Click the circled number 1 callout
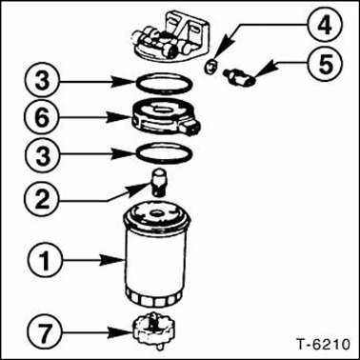[x=45, y=261]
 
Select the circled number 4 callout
[x=324, y=24]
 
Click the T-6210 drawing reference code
[x=324, y=345]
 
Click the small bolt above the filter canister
[x=158, y=182]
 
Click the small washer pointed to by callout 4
[x=210, y=66]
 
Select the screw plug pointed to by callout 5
[x=241, y=77]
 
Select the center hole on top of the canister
[x=156, y=212]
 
